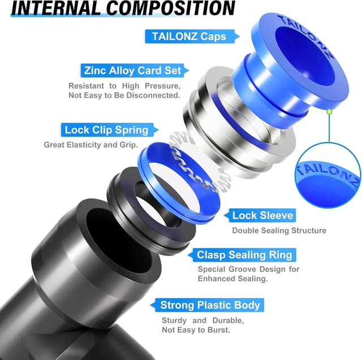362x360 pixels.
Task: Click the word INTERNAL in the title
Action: [x=56, y=8]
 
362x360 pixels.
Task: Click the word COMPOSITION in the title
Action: [x=171, y=8]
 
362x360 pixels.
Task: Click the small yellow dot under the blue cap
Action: [x=329, y=112]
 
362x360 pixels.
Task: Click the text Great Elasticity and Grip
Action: [x=90, y=145]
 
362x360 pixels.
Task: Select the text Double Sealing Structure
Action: [x=279, y=231]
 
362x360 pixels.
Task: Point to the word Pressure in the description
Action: [x=162, y=86]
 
